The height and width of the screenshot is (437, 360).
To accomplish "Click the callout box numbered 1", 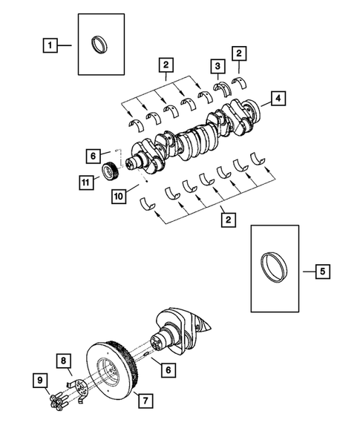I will (50, 47).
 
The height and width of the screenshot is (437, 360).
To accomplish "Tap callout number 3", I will (217, 66).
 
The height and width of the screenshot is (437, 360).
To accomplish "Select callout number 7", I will (145, 401).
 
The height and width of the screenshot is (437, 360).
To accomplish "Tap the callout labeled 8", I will (65, 361).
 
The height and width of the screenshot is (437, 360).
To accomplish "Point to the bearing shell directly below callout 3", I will (220, 88).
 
